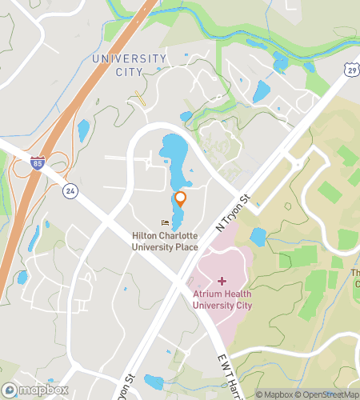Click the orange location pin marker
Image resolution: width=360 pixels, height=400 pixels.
coord(180,198)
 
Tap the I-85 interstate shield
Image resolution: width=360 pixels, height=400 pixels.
coord(38,162)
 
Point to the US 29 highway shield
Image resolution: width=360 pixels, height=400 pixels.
coord(352,72)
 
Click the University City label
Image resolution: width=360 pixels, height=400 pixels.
coord(117,65)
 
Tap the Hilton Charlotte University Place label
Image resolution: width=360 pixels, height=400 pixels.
coord(165,241)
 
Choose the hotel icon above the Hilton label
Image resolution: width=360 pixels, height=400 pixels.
coord(165,223)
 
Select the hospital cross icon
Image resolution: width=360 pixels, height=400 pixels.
coord(222,281)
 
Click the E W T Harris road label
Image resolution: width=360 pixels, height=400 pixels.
coord(230,376)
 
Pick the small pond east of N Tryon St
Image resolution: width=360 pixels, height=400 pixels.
coord(258,236)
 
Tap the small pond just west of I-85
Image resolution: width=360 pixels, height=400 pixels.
coord(83,128)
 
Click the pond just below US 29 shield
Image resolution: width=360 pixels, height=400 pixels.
coord(262,92)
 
